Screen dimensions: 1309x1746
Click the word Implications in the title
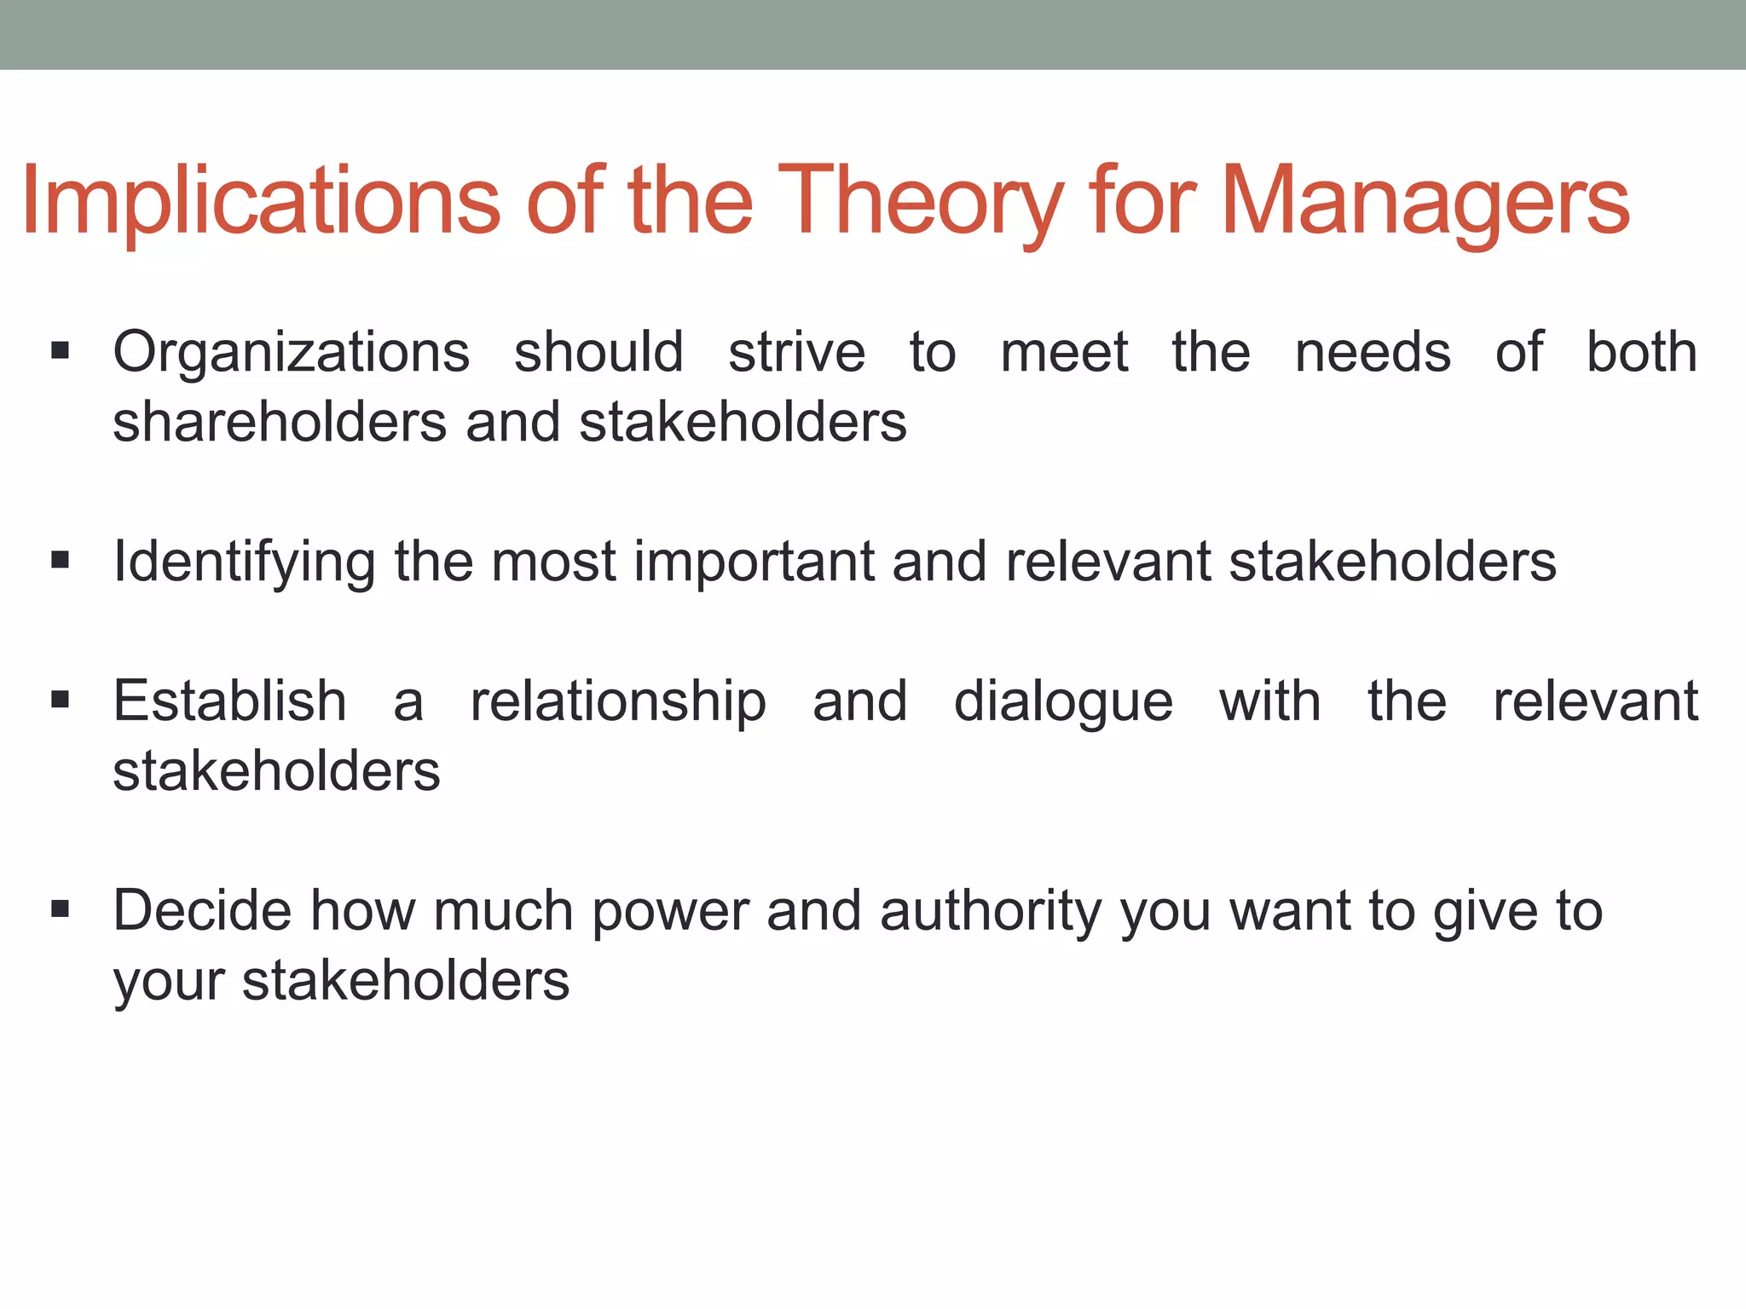pos(260,203)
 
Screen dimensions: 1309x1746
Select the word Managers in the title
pos(1425,203)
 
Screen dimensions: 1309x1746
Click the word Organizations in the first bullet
pos(292,353)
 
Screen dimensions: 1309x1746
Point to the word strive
pos(796,353)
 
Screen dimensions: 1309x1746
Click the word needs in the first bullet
pos(1373,353)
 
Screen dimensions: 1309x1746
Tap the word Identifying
pos(244,562)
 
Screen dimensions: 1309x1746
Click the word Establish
pos(230,701)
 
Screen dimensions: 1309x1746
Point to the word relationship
pos(618,703)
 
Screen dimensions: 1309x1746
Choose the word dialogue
pos(1063,703)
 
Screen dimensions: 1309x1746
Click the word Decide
pos(202,910)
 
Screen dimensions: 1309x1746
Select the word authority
pos(992,912)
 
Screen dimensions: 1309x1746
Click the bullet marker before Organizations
pos(60,350)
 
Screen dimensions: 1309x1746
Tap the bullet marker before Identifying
pos(60,560)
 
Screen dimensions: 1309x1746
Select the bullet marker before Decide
pos(60,909)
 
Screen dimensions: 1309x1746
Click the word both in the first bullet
pos(1641,353)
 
